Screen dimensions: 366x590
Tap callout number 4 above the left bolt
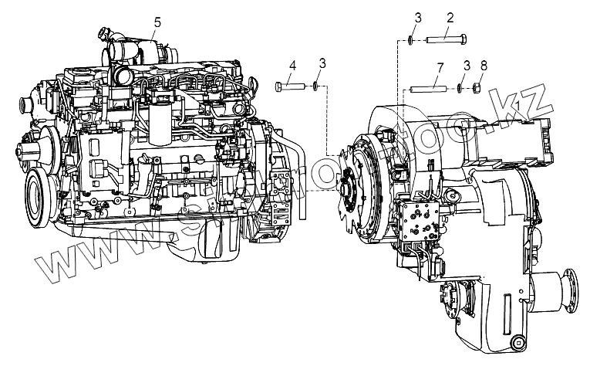293,66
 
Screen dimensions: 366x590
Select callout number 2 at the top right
448,17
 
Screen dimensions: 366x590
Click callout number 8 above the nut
483,67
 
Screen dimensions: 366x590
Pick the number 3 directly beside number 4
322,62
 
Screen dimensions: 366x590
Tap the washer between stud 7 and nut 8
460,88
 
